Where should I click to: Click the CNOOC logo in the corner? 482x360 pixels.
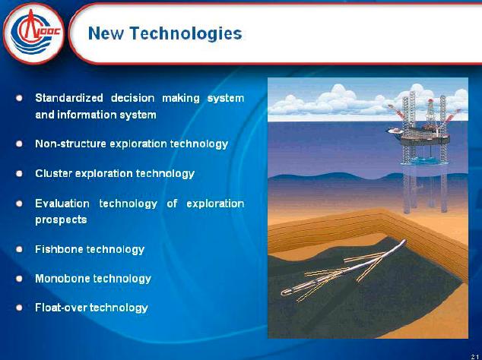(x=33, y=33)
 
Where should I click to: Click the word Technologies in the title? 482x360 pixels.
(x=186, y=33)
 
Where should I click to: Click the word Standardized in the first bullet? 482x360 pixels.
(x=69, y=98)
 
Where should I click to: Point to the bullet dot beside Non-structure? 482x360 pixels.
(x=19, y=144)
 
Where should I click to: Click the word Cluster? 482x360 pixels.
(x=53, y=173)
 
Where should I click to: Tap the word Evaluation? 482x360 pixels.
(x=62, y=204)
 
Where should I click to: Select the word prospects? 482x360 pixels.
(x=61, y=220)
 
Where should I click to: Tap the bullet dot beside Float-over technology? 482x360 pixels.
(x=19, y=308)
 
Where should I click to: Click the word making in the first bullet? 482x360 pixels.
(x=181, y=99)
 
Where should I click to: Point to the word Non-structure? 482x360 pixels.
(x=71, y=144)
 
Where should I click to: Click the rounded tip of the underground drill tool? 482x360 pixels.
(x=284, y=292)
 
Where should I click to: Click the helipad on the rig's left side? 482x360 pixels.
(x=395, y=131)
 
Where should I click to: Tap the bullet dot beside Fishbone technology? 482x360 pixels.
(x=19, y=249)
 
